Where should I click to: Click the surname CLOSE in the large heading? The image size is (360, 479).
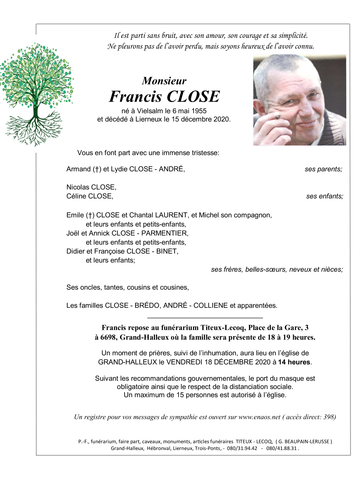click(193, 97)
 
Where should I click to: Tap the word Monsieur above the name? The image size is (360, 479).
click(164, 81)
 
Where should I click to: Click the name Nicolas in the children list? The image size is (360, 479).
click(78, 187)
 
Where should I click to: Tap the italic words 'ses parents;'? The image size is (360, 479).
click(323, 169)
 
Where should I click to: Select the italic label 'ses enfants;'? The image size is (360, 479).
click(324, 196)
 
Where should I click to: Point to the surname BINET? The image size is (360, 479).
click(167, 251)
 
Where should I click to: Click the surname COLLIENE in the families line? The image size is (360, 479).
click(210, 306)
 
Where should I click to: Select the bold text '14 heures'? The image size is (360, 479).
click(294, 362)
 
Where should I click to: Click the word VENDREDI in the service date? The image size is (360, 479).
click(184, 362)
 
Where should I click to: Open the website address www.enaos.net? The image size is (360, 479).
click(259, 417)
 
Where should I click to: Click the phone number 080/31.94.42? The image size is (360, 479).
click(242, 448)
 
